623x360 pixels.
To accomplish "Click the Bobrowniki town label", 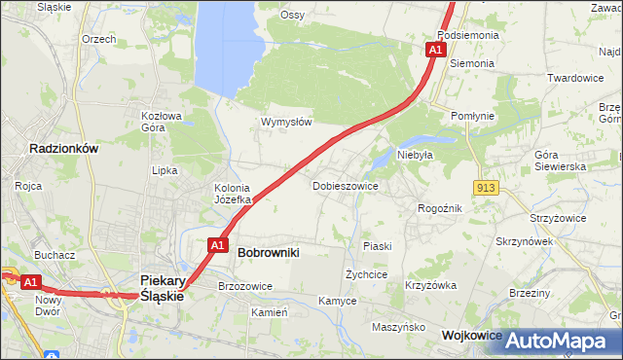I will point(268,252).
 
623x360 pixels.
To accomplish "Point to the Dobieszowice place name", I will point(345,185).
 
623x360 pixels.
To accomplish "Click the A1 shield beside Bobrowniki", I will point(218,245).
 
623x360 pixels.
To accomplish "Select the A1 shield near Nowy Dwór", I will point(29,282).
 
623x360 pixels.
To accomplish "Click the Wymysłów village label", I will point(286,122).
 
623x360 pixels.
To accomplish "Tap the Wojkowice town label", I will point(471,335).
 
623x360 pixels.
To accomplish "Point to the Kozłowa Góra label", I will point(162,121).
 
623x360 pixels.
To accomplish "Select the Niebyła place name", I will point(415,154).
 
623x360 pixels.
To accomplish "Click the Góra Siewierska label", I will point(561,161).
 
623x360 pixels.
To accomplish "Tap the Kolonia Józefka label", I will point(233,194).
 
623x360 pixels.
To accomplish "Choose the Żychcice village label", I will point(367,274).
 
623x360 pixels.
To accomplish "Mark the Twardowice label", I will point(575,78).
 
